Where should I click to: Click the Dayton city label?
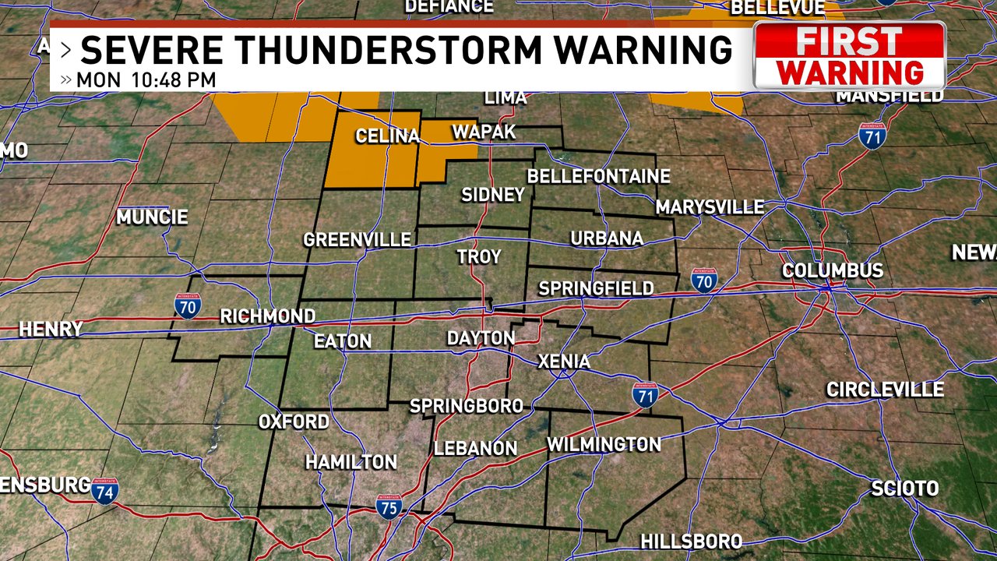click(481, 338)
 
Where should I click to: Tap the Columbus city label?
click(833, 271)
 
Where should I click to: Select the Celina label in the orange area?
click(388, 136)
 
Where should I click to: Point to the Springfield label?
click(596, 288)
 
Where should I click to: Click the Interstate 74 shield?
click(104, 491)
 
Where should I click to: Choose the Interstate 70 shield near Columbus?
click(704, 280)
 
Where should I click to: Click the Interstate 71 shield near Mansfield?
click(872, 136)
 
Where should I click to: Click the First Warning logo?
click(850, 56)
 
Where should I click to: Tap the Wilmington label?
click(604, 444)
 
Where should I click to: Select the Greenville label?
click(357, 239)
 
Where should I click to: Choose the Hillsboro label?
click(691, 542)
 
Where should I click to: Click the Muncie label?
click(152, 217)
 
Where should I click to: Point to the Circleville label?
click(885, 389)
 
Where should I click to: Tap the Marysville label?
click(710, 207)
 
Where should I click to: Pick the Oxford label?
click(294, 422)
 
